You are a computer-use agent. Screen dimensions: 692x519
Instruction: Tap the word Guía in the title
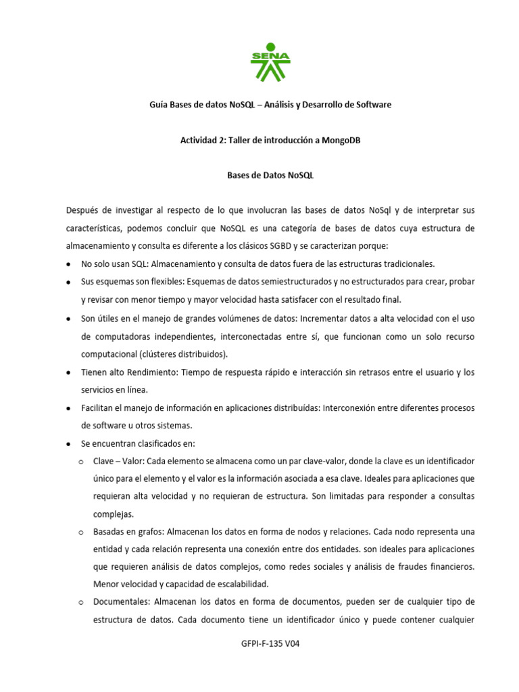(x=157, y=105)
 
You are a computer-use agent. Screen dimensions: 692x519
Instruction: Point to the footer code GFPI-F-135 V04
(x=270, y=644)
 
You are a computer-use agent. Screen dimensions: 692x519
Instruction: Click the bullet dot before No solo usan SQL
(x=70, y=264)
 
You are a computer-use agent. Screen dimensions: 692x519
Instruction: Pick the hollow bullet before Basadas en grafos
(x=80, y=531)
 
